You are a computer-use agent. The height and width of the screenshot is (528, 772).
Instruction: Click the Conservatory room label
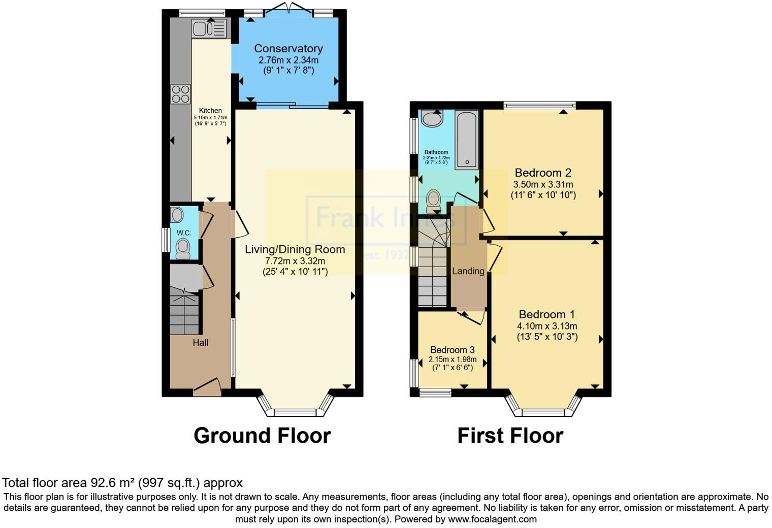[288, 49]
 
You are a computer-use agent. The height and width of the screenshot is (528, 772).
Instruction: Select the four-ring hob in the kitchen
[180, 94]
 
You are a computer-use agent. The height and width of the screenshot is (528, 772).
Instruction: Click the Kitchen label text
[210, 111]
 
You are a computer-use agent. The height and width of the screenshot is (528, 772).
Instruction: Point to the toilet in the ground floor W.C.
[182, 248]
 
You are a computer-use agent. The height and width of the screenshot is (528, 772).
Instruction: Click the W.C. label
[184, 233]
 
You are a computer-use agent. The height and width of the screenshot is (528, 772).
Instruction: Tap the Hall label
[200, 343]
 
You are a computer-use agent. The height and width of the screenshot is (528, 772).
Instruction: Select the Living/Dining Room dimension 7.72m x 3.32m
[295, 261]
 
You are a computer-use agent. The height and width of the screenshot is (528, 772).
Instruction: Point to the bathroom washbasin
[432, 119]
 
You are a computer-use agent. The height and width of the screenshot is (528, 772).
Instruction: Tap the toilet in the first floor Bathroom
[434, 201]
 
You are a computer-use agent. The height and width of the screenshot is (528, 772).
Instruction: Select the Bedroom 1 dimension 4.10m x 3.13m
[547, 326]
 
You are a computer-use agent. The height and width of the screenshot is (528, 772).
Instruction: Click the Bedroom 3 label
[452, 350]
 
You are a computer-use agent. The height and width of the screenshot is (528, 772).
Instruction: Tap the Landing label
[468, 271]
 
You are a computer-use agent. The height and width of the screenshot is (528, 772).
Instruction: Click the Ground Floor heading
[262, 436]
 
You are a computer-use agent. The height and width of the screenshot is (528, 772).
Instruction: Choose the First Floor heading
[510, 436]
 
